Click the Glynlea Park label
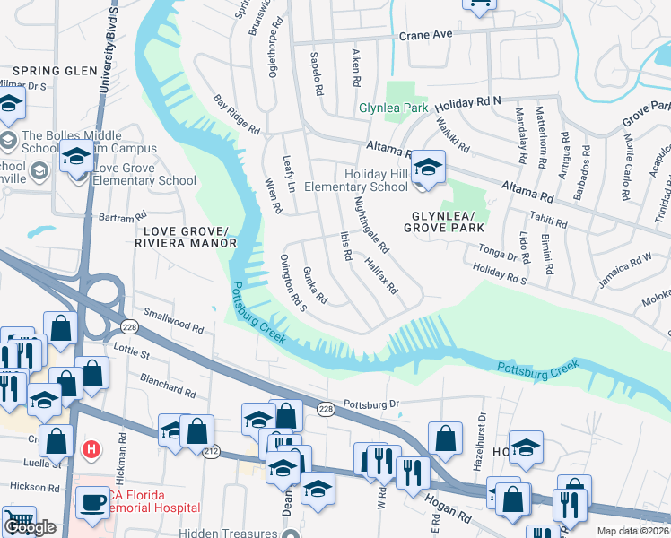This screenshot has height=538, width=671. [393, 108]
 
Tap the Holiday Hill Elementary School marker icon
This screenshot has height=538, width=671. [429, 168]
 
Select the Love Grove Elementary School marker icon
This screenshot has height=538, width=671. [77, 159]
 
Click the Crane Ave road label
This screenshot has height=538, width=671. [426, 36]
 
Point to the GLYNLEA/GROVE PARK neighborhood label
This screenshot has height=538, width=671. [449, 222]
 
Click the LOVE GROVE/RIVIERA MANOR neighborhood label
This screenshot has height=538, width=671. [185, 237]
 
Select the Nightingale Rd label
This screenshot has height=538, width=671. [370, 223]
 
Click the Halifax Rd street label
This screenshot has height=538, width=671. [381, 275]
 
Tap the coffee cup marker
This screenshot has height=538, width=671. [92, 503]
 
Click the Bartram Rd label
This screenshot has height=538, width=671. [122, 218]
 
